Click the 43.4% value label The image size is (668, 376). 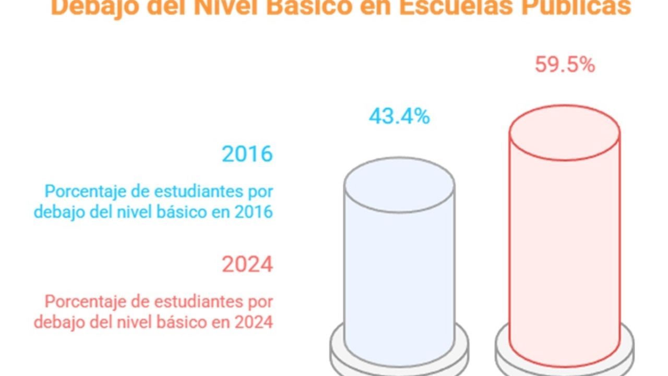pyautogui.click(x=399, y=116)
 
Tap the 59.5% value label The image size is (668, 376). pyautogui.click(x=565, y=65)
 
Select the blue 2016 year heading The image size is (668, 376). pyautogui.click(x=247, y=154)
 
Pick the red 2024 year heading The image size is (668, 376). pyautogui.click(x=247, y=264)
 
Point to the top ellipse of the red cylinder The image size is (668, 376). pyautogui.click(x=565, y=133)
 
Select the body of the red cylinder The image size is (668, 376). pyautogui.click(x=565, y=251)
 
